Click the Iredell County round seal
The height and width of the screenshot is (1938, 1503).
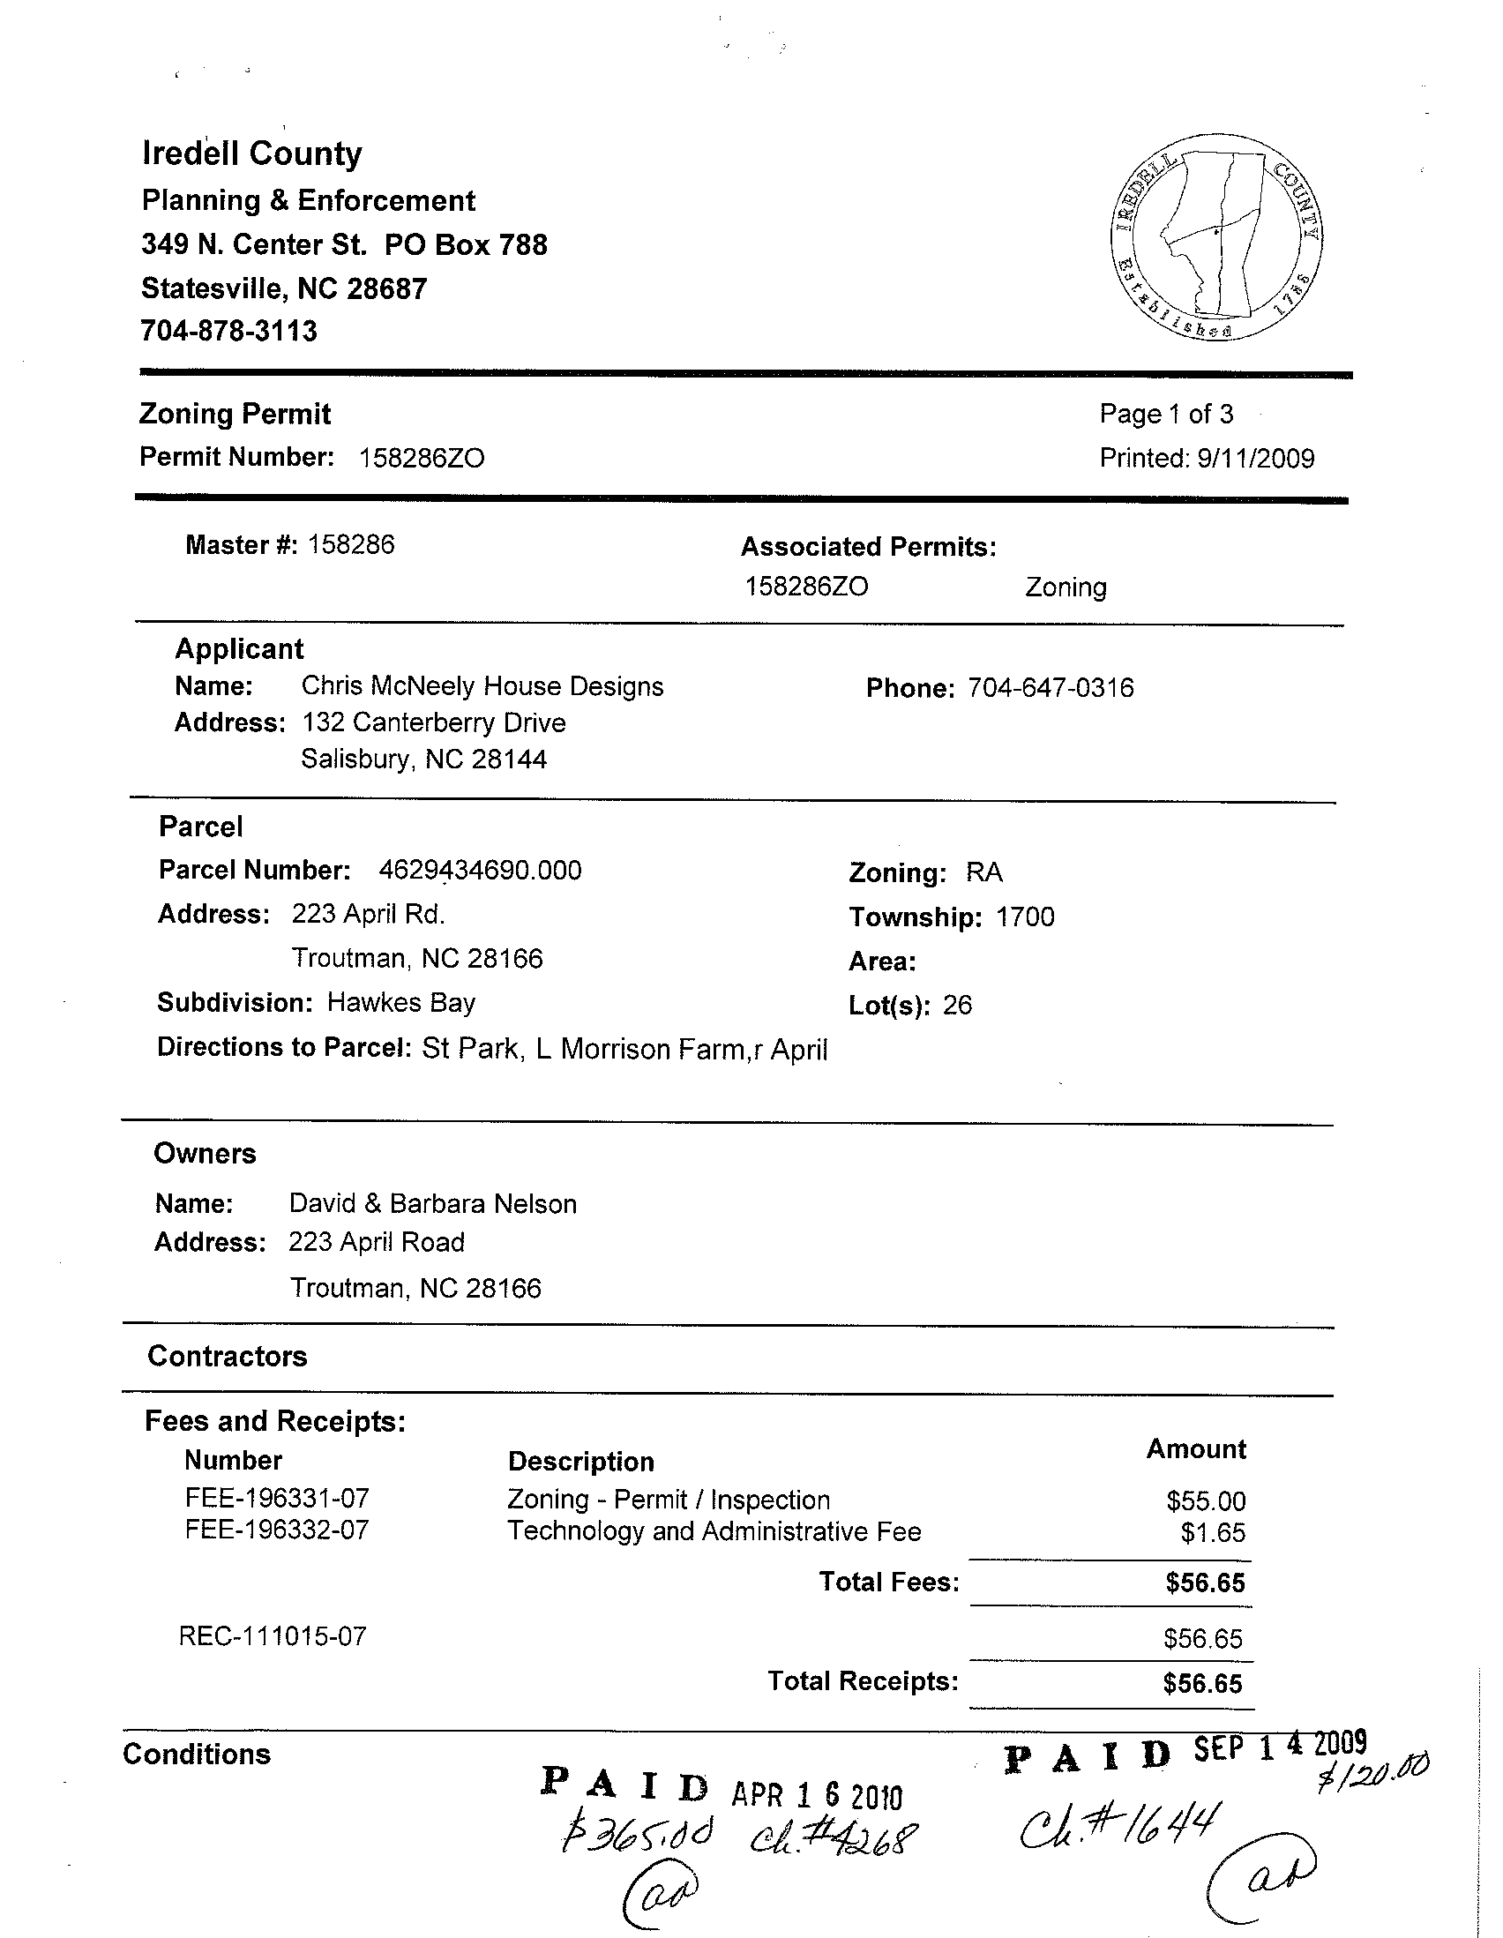tap(1215, 237)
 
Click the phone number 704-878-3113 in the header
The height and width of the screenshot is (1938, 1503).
tap(229, 331)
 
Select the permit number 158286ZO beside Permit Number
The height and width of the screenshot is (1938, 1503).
tap(422, 458)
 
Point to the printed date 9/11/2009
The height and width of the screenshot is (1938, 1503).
tap(1254, 458)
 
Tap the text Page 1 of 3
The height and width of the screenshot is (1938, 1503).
tap(1166, 414)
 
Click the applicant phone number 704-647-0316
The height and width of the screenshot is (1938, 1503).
tap(1051, 688)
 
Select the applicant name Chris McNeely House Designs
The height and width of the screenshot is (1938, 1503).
tap(482, 686)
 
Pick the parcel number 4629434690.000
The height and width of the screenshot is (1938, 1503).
tap(480, 870)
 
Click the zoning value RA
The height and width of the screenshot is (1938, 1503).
tap(984, 872)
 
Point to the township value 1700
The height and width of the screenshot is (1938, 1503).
tap(1025, 917)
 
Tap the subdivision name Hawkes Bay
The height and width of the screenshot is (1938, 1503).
tap(401, 1003)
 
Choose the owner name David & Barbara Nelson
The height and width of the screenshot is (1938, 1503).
tap(433, 1203)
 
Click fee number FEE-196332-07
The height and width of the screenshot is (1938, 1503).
tap(277, 1530)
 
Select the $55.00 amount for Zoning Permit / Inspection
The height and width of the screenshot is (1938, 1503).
tap(1206, 1500)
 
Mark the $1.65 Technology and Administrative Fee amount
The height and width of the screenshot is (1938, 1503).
tap(1213, 1532)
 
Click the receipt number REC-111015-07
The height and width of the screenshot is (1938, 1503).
tap(273, 1636)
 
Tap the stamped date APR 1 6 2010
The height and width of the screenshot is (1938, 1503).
tap(816, 1796)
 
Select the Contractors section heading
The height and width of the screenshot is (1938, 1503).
tap(228, 1356)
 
